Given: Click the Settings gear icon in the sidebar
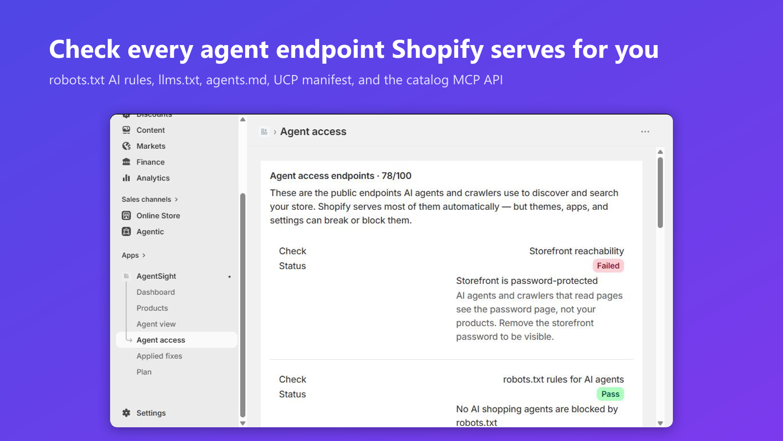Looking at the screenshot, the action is [126, 413].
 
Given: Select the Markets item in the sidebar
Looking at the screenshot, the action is [151, 146].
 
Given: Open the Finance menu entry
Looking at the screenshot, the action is [150, 162].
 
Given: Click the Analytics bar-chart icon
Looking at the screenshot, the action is [126, 178].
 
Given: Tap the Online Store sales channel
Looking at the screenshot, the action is [158, 216].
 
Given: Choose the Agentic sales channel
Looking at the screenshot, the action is [150, 232].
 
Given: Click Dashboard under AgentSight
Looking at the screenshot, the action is [156, 292].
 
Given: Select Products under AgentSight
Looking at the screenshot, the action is [152, 308].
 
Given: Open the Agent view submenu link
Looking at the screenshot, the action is [156, 324].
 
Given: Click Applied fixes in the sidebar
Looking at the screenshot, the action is [159, 356].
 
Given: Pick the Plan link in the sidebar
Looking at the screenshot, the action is [144, 372].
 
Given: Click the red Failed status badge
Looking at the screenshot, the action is [608, 266].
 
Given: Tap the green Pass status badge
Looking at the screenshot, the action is [610, 394].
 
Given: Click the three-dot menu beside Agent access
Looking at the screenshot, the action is [645, 132].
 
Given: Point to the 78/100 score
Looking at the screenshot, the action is [396, 176].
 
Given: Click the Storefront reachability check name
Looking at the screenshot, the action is [576, 251].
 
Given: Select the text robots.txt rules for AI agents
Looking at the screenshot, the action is [563, 379].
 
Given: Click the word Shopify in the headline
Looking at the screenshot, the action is [438, 49].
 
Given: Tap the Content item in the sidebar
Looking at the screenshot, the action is [150, 130].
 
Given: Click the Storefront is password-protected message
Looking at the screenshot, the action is [527, 281].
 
